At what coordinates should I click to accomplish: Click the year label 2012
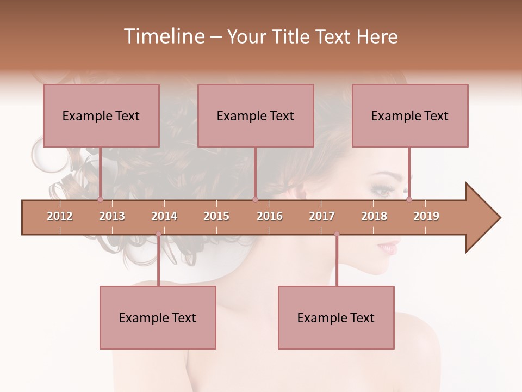click(x=60, y=216)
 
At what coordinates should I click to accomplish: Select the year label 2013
click(x=112, y=216)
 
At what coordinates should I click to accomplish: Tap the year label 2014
click(x=164, y=216)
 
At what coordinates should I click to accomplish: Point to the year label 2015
click(x=216, y=216)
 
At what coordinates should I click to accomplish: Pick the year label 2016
click(x=270, y=216)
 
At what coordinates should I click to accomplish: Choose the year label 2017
click(x=322, y=216)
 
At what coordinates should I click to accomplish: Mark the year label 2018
click(x=374, y=216)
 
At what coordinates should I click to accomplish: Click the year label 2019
click(x=426, y=216)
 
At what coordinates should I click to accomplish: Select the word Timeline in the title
click(x=163, y=36)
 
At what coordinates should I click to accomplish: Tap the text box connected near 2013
click(x=101, y=115)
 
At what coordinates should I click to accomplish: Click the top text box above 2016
click(x=256, y=115)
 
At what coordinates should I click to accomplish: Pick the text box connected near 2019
click(x=410, y=115)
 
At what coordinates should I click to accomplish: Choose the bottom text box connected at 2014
click(x=158, y=317)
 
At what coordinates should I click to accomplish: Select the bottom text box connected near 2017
click(x=336, y=317)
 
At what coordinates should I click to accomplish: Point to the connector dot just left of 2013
click(x=100, y=199)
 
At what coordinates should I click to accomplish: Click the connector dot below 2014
click(x=158, y=234)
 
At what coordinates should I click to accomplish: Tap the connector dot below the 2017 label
click(x=337, y=234)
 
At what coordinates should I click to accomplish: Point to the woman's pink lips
click(x=389, y=248)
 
